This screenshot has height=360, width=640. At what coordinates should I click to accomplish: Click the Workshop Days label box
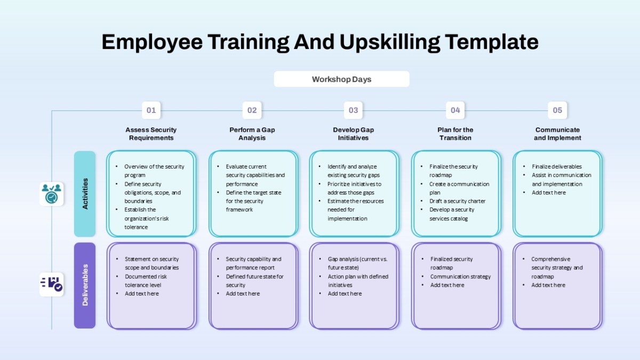tap(341, 79)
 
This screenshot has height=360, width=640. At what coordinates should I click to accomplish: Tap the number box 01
tap(151, 110)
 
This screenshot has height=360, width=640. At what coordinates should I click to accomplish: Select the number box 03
tap(353, 110)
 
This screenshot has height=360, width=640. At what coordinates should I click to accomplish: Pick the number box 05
tap(557, 110)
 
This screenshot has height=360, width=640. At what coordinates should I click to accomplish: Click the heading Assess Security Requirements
tap(151, 134)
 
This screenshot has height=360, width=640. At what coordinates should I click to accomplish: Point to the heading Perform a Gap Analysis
tap(252, 134)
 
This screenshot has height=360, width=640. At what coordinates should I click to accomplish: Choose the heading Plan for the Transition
tap(455, 134)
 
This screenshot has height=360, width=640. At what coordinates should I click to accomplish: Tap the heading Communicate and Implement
tap(557, 134)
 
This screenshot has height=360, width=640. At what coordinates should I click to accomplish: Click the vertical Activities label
tap(85, 194)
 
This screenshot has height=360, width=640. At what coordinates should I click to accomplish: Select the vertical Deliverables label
tap(85, 285)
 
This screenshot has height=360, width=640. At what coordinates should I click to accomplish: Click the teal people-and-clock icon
tap(51, 194)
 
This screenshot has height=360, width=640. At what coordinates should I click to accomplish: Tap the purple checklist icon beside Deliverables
tap(51, 285)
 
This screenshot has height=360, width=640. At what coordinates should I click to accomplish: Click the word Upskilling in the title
tap(390, 42)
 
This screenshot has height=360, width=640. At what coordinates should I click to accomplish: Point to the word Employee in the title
tap(152, 42)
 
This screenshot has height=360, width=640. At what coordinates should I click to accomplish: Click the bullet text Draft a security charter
tap(457, 201)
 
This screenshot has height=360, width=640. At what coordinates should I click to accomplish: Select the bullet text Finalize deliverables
tap(557, 166)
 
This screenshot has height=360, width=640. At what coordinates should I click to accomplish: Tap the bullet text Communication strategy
tap(460, 277)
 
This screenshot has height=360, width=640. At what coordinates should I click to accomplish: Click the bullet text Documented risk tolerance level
tap(146, 281)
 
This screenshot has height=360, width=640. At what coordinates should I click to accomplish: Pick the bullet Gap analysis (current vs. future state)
tap(357, 263)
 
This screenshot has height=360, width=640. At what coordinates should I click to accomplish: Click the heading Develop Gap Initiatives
tap(353, 134)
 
